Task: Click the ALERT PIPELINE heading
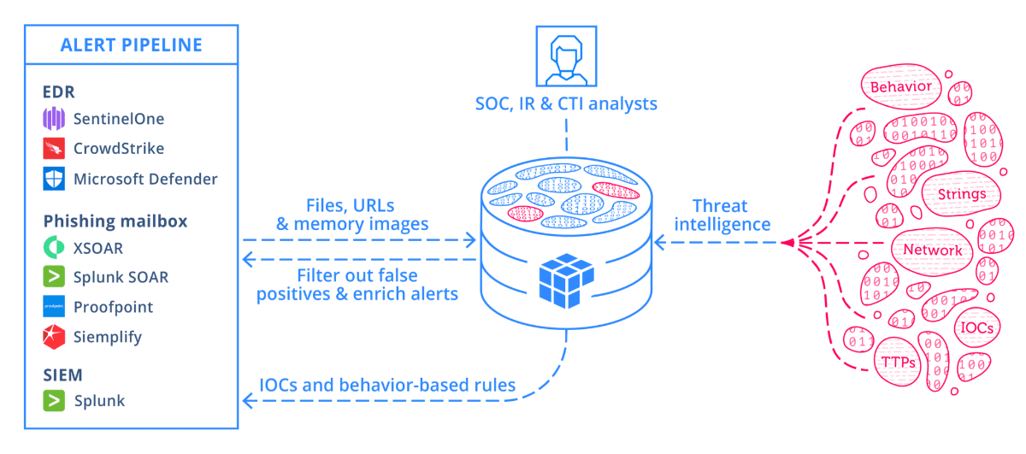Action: [x=131, y=45]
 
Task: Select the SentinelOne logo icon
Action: [x=55, y=118]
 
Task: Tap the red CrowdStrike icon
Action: [x=55, y=149]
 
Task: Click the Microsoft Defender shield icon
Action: [x=55, y=180]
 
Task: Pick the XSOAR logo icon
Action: [x=55, y=247]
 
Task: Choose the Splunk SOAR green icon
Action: [x=55, y=277]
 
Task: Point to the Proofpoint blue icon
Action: [x=55, y=307]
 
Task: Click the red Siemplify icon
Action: [x=55, y=337]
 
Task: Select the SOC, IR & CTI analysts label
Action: [x=566, y=104]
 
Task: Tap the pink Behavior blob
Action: [x=899, y=87]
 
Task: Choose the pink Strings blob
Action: [x=960, y=194]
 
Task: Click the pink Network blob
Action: [x=933, y=251]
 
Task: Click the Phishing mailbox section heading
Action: [x=115, y=221]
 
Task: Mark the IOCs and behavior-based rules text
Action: [x=387, y=385]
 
